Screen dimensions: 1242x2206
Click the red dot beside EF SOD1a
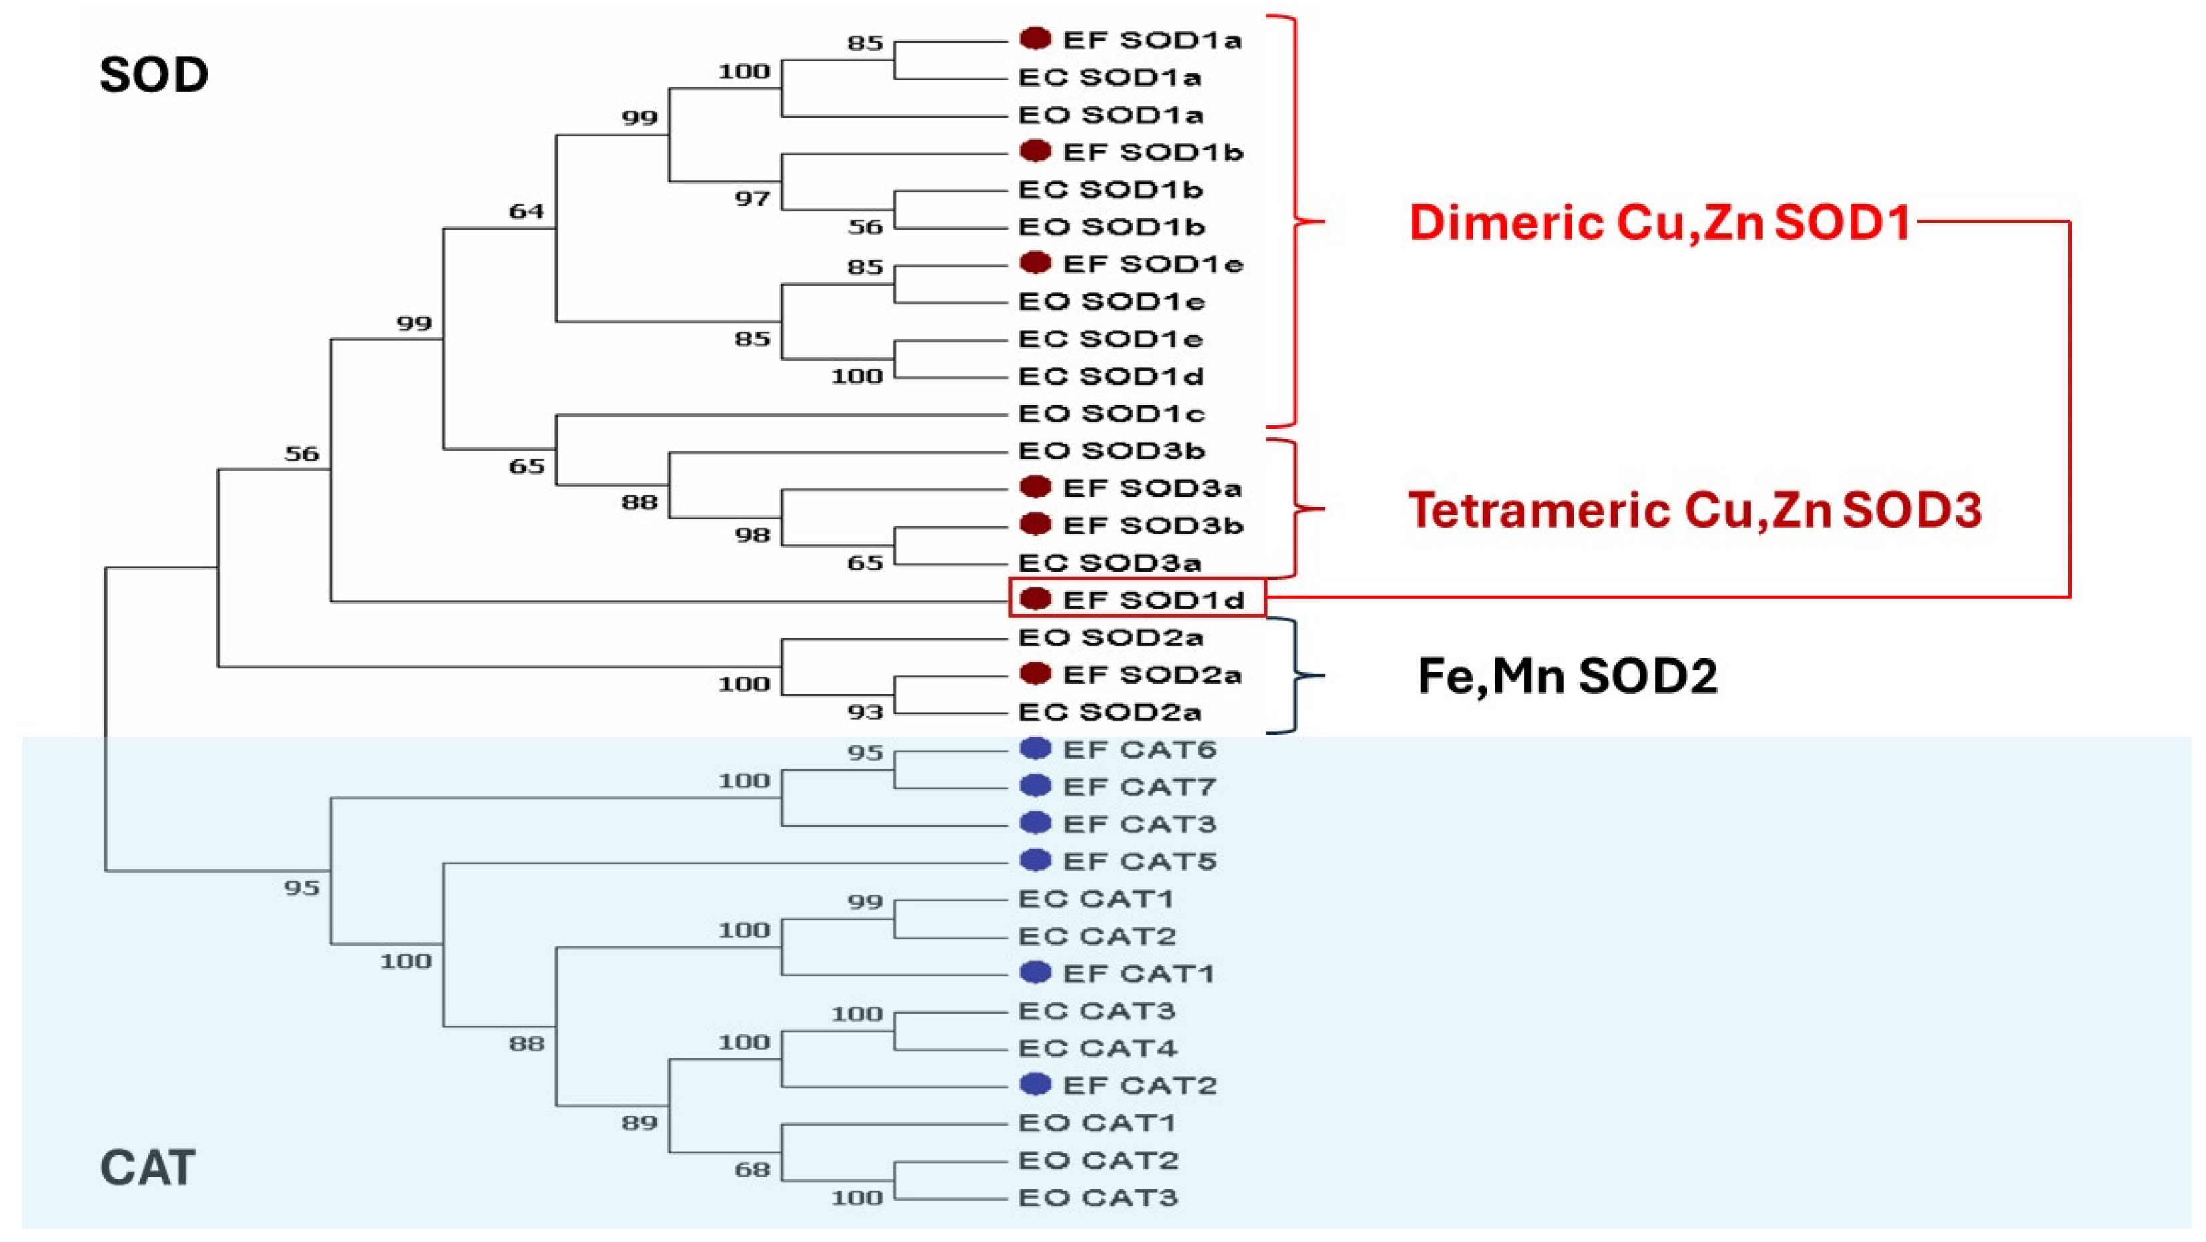tap(1035, 39)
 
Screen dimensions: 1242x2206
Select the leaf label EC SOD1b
tap(1110, 189)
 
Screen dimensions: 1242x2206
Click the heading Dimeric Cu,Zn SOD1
tap(1660, 222)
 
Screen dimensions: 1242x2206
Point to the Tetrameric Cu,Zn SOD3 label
tap(1694, 510)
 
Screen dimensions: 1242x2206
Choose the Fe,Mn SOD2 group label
tap(1567, 676)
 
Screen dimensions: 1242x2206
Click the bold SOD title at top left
tap(154, 75)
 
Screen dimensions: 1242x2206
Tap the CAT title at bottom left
tap(148, 1167)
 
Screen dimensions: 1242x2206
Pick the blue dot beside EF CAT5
tap(1035, 860)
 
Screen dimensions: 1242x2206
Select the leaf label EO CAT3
tap(1098, 1197)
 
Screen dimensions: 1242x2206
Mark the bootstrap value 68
tap(752, 1170)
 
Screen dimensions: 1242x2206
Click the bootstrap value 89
tap(640, 1123)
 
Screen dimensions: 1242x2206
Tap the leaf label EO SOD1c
tap(1111, 413)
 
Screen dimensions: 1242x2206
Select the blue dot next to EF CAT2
tap(1035, 1084)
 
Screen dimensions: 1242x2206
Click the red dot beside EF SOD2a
tap(1035, 674)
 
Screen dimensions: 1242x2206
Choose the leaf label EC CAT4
tap(1097, 1048)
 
